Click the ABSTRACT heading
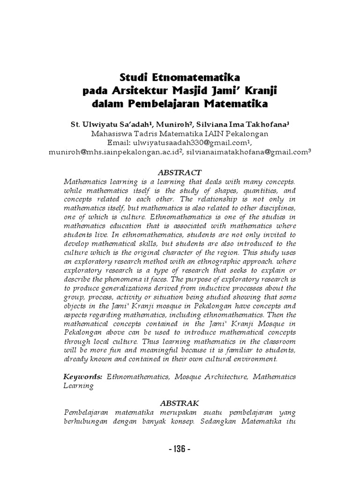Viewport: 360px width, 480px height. tap(180, 172)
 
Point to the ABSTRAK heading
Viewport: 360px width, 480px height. tap(180, 403)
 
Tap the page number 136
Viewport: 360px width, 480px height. tap(180, 449)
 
